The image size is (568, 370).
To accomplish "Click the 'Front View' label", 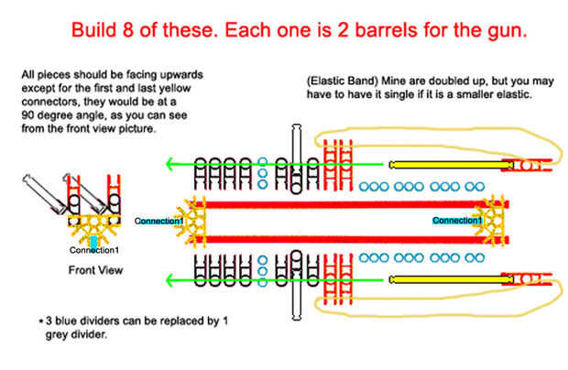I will point(96,270).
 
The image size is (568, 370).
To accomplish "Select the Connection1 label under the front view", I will point(93,250).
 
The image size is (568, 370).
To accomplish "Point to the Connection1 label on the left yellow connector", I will point(159,222).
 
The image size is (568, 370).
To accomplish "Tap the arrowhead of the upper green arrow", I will point(170,165).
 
